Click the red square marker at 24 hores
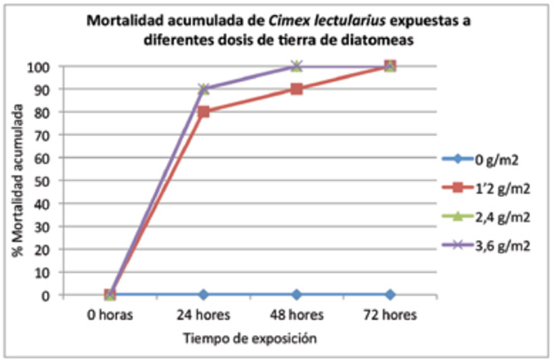pyautogui.click(x=204, y=112)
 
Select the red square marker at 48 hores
pyautogui.click(x=296, y=89)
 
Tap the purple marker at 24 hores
pyautogui.click(x=204, y=89)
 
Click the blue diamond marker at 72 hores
pyautogui.click(x=390, y=294)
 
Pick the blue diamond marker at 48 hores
pyautogui.click(x=296, y=294)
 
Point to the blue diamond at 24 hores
pyautogui.click(x=204, y=294)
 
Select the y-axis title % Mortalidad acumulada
pyautogui.click(x=16, y=182)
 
